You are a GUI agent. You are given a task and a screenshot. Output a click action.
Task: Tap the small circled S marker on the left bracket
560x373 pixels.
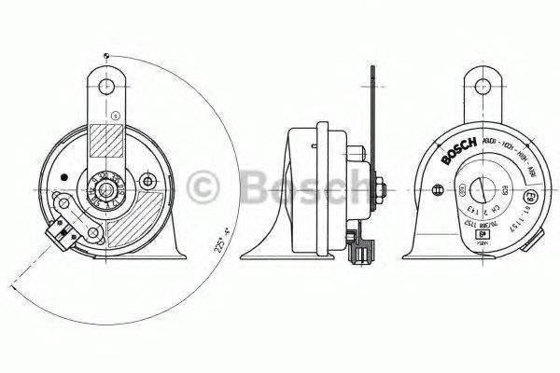pos(114,115)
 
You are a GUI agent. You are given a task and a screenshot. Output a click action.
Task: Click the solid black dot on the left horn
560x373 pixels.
pos(63,176)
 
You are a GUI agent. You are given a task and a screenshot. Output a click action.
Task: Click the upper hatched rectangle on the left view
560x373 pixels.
pos(108,144)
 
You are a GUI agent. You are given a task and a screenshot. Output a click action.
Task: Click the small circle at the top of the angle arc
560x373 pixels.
pos(110,56)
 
